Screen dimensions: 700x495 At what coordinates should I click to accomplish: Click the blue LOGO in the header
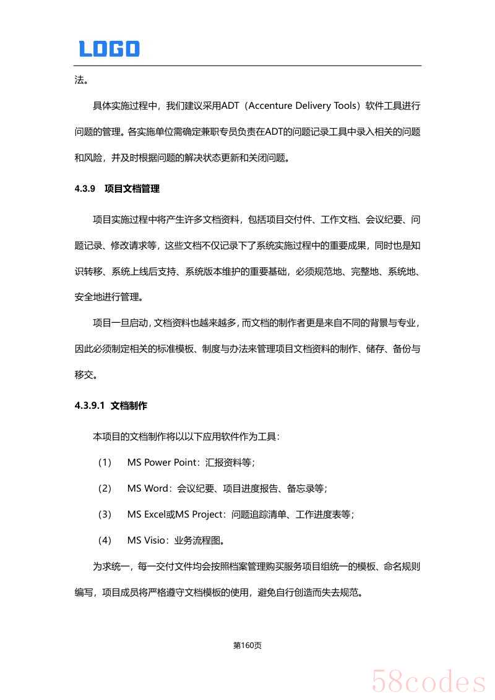(x=109, y=49)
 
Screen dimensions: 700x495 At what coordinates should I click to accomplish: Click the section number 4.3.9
(x=84, y=189)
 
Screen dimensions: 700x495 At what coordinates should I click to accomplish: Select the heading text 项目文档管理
(x=132, y=189)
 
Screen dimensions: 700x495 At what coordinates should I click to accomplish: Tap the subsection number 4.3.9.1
(x=89, y=406)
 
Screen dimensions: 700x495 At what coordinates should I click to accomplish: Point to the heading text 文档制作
(x=129, y=406)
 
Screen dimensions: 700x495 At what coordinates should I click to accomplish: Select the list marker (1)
(x=104, y=463)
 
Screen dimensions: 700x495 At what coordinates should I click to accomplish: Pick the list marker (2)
(x=104, y=489)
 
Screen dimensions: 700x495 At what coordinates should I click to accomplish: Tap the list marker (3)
(x=104, y=514)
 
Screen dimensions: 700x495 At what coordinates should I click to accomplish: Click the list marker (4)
(x=104, y=540)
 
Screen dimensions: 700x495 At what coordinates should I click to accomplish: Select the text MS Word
(x=148, y=489)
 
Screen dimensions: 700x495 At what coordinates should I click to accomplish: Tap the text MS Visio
(x=147, y=540)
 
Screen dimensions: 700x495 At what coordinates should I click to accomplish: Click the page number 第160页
(x=247, y=646)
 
